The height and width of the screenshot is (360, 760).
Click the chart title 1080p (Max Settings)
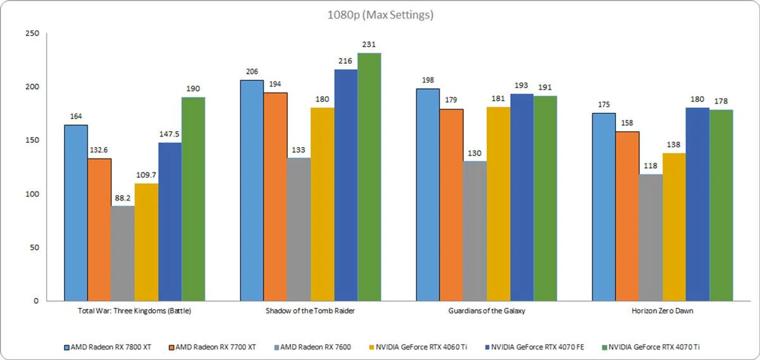tap(380, 15)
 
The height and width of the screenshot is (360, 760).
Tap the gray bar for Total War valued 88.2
tap(123, 253)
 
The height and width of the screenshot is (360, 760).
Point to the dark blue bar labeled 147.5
tap(170, 222)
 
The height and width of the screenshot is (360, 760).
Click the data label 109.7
tap(146, 175)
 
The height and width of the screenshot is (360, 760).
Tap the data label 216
tap(345, 61)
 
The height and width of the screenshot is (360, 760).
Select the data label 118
tap(650, 166)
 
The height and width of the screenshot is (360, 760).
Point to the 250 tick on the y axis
tap(32, 33)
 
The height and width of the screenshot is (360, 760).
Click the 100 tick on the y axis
tap(32, 194)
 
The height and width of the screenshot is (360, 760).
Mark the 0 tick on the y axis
tap(36, 301)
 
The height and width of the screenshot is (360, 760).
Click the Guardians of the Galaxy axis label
tap(486, 311)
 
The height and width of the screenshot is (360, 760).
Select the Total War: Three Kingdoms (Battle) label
tap(134, 311)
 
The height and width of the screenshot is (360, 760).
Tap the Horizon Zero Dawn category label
tap(662, 311)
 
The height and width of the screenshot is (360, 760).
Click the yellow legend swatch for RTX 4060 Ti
tap(371, 347)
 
